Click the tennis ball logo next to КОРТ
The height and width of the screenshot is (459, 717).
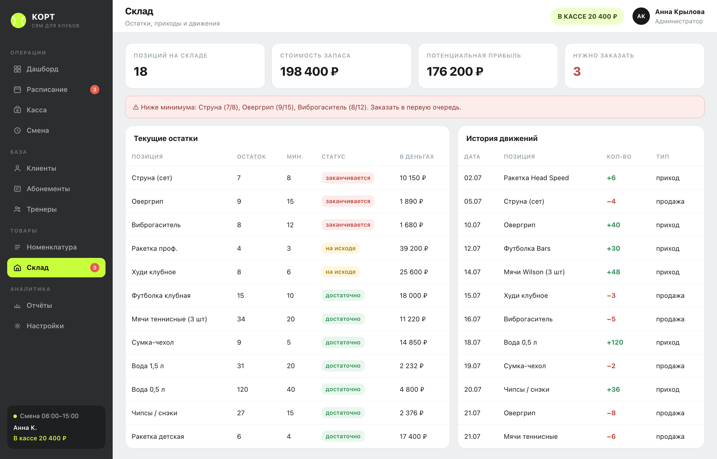click(18, 20)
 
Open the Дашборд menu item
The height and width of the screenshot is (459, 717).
click(42, 69)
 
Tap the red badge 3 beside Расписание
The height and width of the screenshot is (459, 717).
click(94, 89)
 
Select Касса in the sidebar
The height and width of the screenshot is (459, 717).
click(36, 110)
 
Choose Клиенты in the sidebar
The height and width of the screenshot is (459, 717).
click(41, 168)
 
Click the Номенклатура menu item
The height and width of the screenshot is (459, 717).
click(51, 247)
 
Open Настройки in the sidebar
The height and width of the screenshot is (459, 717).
click(45, 326)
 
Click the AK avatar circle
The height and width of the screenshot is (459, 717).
click(641, 16)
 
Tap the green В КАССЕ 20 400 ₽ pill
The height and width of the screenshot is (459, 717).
click(587, 16)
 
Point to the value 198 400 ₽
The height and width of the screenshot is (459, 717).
click(309, 72)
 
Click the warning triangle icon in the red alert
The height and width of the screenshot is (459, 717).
click(136, 107)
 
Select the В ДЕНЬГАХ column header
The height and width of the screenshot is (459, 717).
click(417, 157)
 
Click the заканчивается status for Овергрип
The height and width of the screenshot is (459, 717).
click(348, 201)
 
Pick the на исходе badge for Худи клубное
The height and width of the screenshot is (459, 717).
click(341, 272)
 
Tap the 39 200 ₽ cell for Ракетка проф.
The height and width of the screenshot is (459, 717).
click(414, 248)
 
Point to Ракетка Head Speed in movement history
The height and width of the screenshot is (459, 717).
click(536, 178)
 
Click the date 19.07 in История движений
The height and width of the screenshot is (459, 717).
click(472, 366)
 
